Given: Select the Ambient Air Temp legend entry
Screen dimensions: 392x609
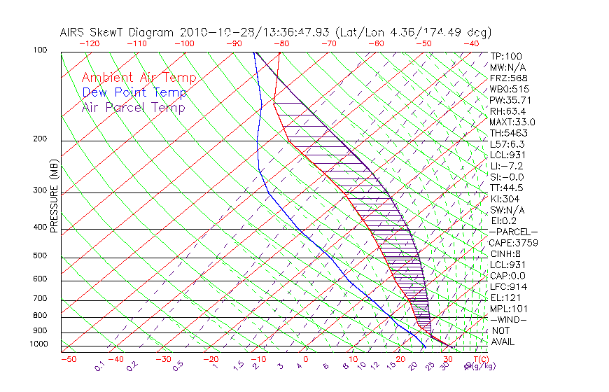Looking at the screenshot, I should pos(139,78).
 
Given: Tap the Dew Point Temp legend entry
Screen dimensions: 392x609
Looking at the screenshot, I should pos(134,92).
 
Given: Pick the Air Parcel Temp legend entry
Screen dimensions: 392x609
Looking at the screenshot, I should pos(134,107).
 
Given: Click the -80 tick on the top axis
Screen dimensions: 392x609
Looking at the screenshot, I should pos(281,43).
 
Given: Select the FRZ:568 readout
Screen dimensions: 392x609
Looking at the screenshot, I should pos(506,78).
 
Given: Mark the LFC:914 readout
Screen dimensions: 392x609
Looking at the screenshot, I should pos(508,286).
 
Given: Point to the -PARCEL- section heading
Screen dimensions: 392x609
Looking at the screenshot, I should pos(513,232).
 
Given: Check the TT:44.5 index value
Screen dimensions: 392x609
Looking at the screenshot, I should pos(506,188).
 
